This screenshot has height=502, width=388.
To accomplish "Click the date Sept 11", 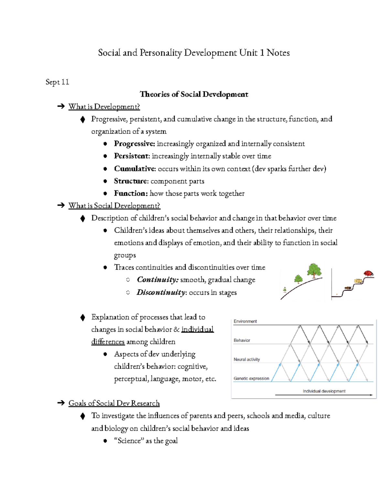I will (x=57, y=82).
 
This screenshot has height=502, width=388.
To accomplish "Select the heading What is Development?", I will (x=104, y=107).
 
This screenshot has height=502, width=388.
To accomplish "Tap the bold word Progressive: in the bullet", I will (x=134, y=144).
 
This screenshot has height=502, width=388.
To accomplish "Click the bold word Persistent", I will (x=131, y=156).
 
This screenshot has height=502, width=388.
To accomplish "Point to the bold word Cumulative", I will (x=134, y=169).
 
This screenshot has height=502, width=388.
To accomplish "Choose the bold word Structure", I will (x=131, y=181).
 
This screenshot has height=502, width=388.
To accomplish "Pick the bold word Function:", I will (x=131, y=193).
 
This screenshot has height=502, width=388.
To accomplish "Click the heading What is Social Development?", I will (x=114, y=206).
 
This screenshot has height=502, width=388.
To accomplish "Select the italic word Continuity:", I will (x=157, y=280).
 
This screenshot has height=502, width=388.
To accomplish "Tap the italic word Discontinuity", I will (x=161, y=293).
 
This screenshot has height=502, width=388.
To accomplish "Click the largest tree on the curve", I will (x=314, y=270).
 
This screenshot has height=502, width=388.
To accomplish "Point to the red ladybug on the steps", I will (x=368, y=273).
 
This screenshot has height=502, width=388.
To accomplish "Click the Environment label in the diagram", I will (x=245, y=321).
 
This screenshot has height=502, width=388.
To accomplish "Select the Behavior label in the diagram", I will (x=242, y=340).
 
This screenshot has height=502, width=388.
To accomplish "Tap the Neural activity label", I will (x=247, y=359).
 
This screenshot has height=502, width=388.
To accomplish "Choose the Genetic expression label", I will (x=251, y=379).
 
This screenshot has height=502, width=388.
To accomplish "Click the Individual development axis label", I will (x=324, y=391).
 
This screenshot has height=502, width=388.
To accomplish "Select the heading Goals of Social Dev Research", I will (x=114, y=403).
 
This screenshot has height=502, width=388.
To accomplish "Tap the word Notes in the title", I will (x=278, y=53).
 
